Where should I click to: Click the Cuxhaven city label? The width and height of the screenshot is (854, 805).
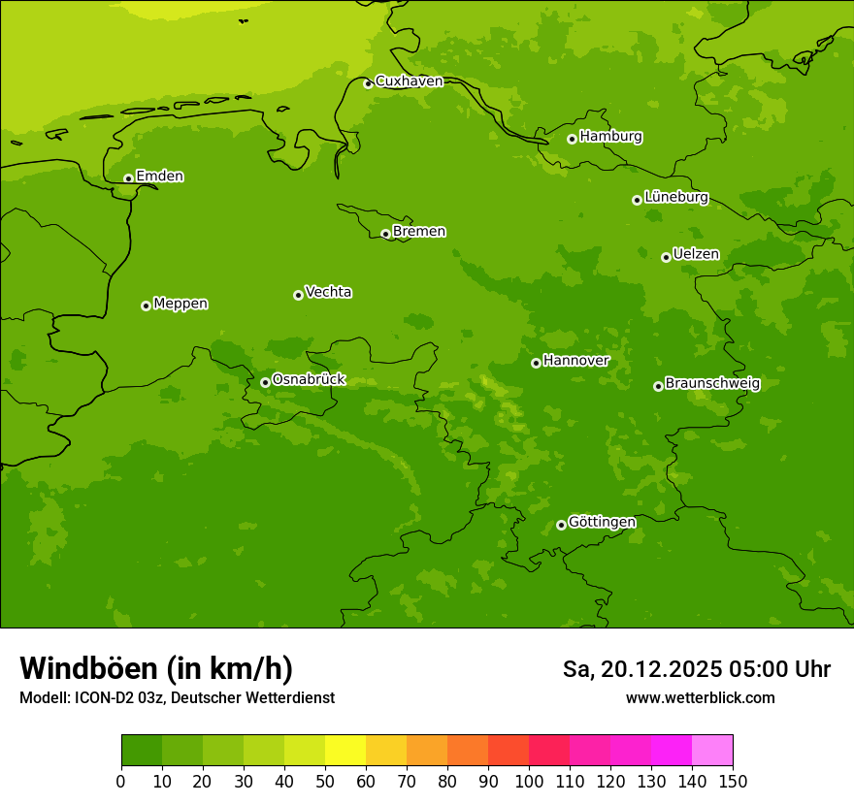coord(409,81)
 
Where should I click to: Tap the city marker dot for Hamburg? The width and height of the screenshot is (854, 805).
coord(572,139)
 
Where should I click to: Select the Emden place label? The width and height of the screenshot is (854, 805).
coord(159,177)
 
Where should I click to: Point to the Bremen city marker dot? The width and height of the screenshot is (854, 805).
coord(385,234)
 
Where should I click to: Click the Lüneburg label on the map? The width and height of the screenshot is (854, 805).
coord(675,197)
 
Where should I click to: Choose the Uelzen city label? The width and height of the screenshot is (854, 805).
coord(696,254)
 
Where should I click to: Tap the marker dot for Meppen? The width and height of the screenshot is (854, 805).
coord(146,306)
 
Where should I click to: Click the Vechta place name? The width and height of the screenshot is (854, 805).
coord(328,292)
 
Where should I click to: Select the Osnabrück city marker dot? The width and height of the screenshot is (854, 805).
coord(265,382)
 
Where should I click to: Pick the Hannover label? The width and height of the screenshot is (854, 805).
coord(575,361)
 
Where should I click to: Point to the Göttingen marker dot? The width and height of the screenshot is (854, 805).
coord(561,525)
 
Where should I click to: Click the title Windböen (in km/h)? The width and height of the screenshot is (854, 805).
coord(156,668)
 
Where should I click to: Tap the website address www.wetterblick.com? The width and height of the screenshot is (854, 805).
coord(700,697)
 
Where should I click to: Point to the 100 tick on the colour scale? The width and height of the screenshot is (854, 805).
coord(529,781)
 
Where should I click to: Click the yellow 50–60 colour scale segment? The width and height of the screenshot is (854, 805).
coord(345,751)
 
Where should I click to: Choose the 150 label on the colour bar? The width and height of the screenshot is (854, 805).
coord(733,781)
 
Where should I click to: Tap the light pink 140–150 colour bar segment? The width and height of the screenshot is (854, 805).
coord(712,751)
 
